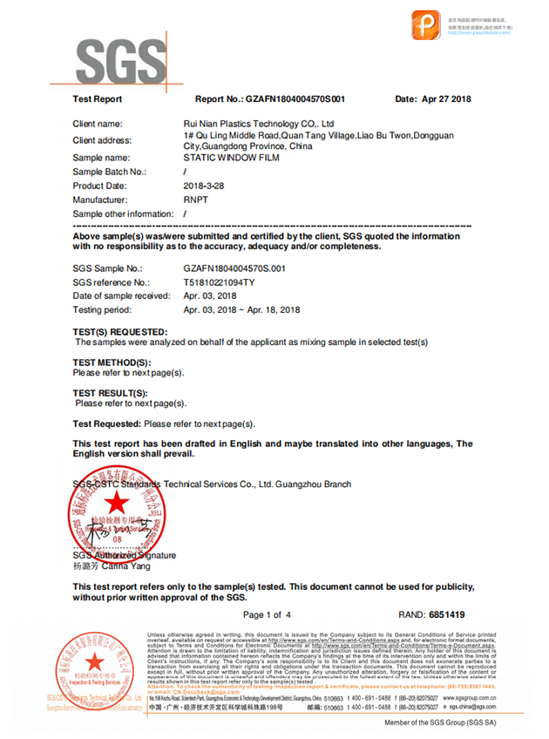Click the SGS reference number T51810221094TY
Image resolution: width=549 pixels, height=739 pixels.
[x=219, y=282]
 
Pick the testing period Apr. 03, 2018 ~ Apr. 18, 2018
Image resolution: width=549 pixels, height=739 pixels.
[x=242, y=309]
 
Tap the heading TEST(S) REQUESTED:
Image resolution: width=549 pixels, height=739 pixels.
[x=120, y=332]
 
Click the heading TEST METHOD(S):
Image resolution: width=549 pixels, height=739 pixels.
[x=112, y=362]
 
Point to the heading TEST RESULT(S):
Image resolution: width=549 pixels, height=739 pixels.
[x=110, y=393]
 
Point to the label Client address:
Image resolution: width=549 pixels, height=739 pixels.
[x=102, y=140]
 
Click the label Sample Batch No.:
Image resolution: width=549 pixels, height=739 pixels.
[x=110, y=173]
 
